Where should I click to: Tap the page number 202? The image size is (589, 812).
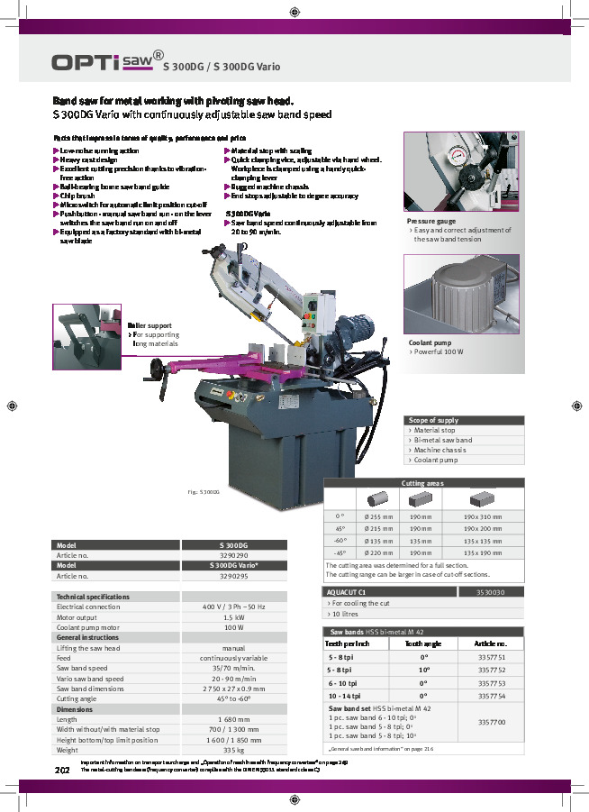[x=62, y=771]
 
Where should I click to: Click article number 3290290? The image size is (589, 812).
[x=234, y=556]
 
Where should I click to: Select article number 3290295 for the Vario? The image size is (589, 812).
[x=234, y=575]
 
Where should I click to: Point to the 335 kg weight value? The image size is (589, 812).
[x=234, y=749]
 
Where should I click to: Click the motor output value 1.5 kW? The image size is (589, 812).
[x=234, y=617]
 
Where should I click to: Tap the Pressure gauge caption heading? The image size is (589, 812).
[x=430, y=221]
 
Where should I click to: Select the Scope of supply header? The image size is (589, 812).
[x=433, y=420]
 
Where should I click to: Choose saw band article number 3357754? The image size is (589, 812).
[x=491, y=696]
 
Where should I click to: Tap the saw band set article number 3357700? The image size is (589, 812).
[x=491, y=723]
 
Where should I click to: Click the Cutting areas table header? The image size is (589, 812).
[x=422, y=484]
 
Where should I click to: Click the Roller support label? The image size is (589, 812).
[x=150, y=325]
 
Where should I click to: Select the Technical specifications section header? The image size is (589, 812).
[x=93, y=597]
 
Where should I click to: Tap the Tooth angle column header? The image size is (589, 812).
[x=422, y=644]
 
